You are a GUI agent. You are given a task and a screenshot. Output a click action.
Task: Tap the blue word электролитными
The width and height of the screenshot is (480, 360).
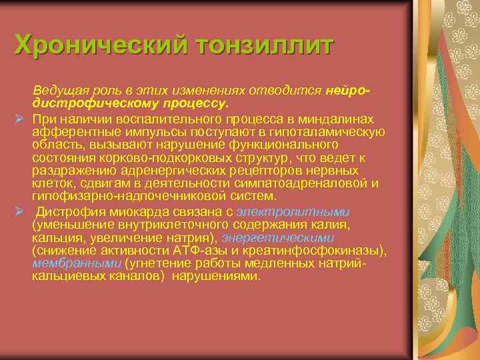[x=293, y=212]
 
